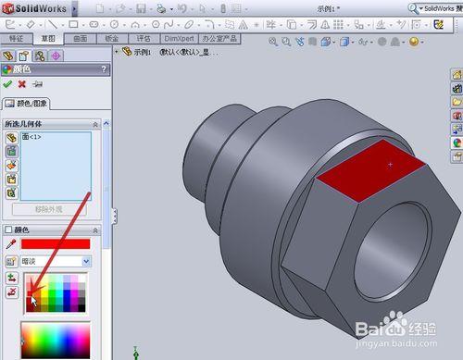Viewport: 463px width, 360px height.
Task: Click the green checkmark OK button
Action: click(8, 84)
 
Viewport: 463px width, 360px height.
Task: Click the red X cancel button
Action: click(21, 84)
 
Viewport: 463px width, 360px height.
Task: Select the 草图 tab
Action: click(47, 39)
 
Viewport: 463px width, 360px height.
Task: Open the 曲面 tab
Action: click(80, 39)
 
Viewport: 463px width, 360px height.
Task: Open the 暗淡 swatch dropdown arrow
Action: click(85, 261)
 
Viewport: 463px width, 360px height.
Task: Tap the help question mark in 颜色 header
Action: click(105, 68)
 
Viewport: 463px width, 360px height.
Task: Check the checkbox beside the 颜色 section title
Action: click(8, 230)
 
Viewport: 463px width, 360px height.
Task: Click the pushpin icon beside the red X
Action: click(35, 84)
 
